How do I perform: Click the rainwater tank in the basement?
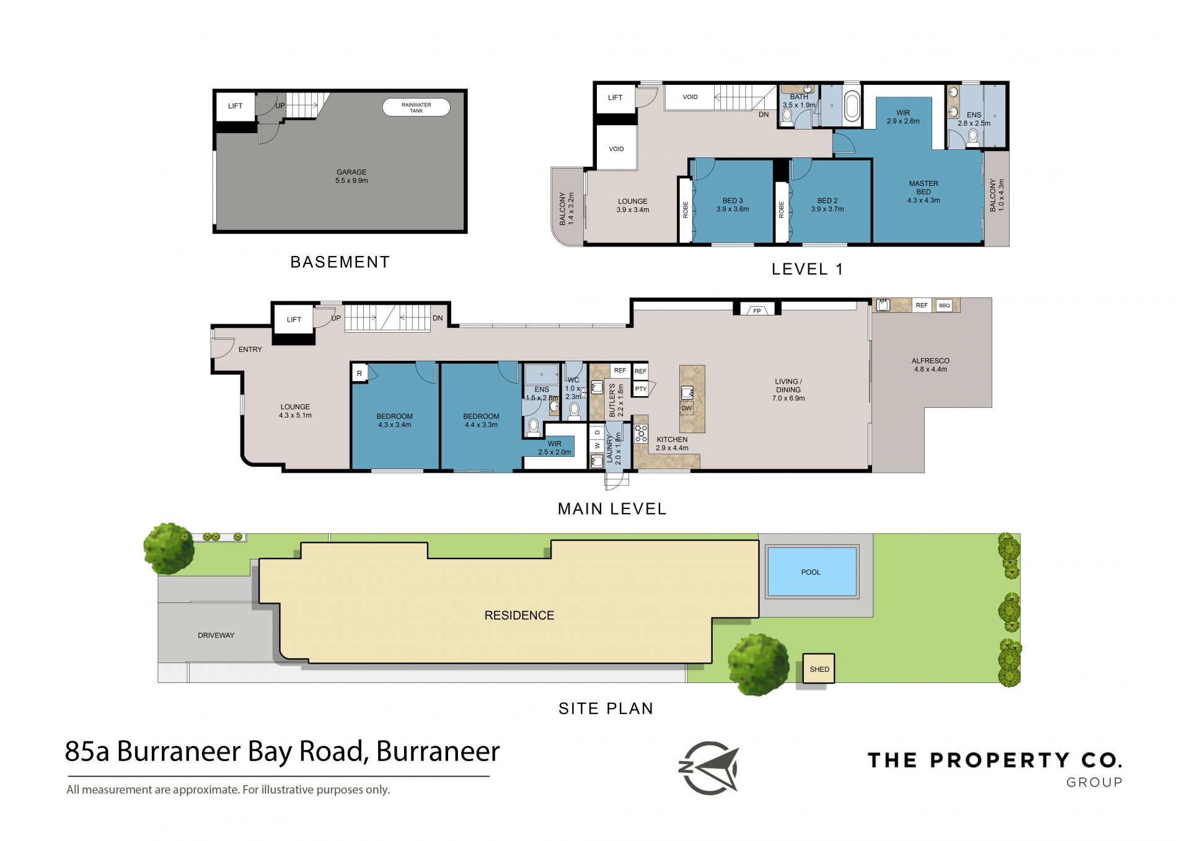(416, 107)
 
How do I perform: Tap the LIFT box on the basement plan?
(236, 107)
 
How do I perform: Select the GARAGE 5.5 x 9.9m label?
(351, 177)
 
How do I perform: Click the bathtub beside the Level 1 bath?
(852, 106)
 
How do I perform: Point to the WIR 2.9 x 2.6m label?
(903, 117)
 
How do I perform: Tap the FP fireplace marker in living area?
(757, 310)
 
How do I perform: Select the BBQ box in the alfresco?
(944, 306)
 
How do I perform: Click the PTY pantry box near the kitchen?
(641, 389)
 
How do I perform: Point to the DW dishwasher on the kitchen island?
(687, 408)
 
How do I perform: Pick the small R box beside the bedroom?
(359, 373)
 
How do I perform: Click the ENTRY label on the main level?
(250, 350)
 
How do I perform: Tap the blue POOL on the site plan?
(811, 572)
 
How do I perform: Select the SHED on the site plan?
(819, 669)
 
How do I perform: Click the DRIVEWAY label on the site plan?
(216, 635)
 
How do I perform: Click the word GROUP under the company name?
(1094, 782)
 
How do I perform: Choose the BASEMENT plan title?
(340, 262)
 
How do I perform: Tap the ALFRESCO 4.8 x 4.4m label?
(930, 365)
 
